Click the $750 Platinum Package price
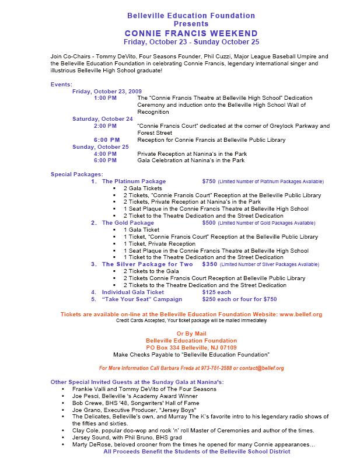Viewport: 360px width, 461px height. click(x=209, y=181)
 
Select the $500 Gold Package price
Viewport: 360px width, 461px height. click(x=209, y=223)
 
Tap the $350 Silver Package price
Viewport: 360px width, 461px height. click(x=209, y=264)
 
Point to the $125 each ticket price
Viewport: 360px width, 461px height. click(x=216, y=292)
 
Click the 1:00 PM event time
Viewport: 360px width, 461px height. click(x=105, y=98)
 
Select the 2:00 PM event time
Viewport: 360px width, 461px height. click(x=105, y=126)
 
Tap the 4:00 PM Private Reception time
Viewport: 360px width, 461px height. click(x=105, y=153)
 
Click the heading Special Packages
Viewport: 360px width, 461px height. click(x=76, y=174)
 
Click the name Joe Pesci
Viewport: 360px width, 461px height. click(x=85, y=395)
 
